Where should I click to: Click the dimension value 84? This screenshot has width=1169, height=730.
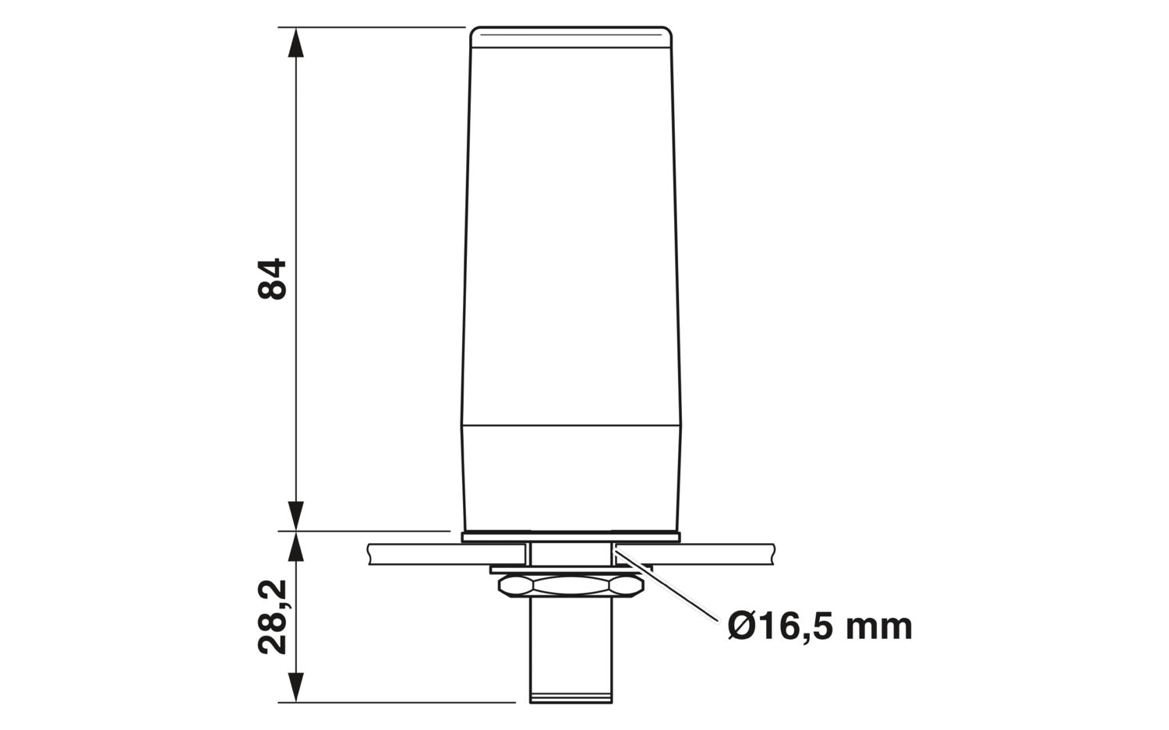click(x=273, y=279)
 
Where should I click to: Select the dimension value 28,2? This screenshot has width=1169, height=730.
click(x=273, y=617)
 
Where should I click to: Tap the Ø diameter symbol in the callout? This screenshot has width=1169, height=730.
click(x=743, y=626)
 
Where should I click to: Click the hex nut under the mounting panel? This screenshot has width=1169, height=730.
click(x=570, y=586)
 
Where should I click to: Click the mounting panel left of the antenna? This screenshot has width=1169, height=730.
click(x=413, y=554)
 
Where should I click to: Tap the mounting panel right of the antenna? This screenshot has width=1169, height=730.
click(x=725, y=554)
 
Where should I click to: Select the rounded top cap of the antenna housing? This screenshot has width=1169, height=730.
click(x=571, y=37)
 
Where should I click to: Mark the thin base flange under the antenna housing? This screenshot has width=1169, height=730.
click(x=571, y=537)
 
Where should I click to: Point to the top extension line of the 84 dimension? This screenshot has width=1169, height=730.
click(x=374, y=27)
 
